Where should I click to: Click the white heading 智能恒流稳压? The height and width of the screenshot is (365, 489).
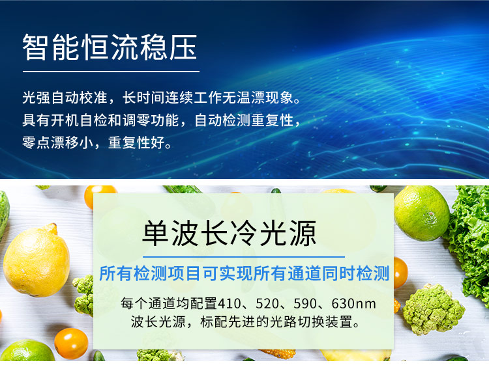tap(110, 47)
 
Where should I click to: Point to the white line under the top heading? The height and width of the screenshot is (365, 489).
tap(111, 72)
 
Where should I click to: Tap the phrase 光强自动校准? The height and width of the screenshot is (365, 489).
tap(65, 98)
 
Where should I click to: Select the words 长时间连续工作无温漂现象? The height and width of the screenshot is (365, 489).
tap(208, 98)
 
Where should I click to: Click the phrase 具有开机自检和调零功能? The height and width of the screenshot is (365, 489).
tap(100, 120)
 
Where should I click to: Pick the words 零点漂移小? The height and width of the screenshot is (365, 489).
tap(57, 143)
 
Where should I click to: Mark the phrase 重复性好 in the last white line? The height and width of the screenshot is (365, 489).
tap(136, 143)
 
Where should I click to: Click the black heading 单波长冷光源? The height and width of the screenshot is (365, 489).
tap(230, 233)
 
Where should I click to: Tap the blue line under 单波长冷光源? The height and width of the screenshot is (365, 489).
tap(244, 257)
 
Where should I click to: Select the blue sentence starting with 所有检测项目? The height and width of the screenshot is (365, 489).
tap(244, 273)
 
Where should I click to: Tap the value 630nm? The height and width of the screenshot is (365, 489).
tap(353, 304)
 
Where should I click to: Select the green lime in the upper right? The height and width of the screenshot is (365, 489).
tap(422, 213)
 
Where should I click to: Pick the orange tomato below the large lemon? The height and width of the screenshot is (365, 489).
tap(72, 344)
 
